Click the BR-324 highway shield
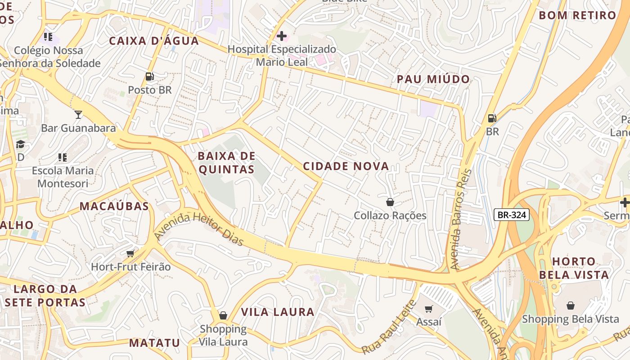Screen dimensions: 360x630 [512, 215]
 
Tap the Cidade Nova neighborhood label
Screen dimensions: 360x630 [346, 166]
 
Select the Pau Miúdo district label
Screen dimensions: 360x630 [433, 79]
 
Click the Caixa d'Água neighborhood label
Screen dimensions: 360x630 [154, 41]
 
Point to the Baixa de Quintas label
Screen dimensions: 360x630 [226, 163]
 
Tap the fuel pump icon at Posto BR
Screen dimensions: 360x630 [150, 76]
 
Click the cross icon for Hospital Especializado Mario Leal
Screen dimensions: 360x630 [282, 36]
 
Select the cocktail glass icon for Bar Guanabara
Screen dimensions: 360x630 [78, 114]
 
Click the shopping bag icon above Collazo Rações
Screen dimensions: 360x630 [390, 202]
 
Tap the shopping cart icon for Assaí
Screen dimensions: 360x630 [429, 309]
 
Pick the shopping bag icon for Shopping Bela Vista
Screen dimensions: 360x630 [570, 306]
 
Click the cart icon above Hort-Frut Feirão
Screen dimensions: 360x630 [130, 253]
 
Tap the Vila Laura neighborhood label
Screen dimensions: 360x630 [278, 312]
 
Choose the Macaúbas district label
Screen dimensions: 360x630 [114, 206]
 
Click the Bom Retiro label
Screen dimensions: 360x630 [577, 15]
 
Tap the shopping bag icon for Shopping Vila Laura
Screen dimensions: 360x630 [223, 315]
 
